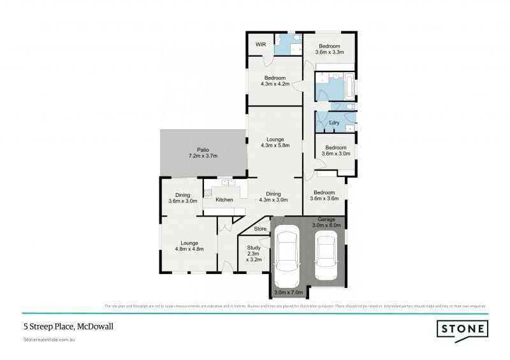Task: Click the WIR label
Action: (260, 45)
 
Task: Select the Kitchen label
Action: (224, 200)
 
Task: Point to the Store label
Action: (259, 229)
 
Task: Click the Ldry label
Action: (333, 122)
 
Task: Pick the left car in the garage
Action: (286, 259)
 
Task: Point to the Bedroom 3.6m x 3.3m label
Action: (330, 49)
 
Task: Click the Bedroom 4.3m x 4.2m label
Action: (275, 80)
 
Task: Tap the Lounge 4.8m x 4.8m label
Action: (189, 246)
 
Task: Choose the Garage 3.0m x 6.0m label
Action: (326, 222)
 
